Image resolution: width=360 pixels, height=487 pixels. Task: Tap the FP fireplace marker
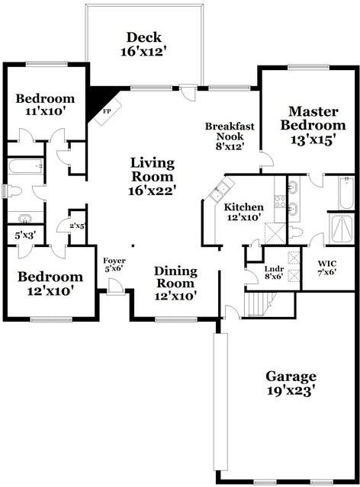[106, 111]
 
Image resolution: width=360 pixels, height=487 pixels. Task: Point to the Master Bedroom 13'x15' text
[313, 125]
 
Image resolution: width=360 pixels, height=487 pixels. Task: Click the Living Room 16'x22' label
[153, 176]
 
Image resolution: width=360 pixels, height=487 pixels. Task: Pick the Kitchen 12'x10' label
[244, 212]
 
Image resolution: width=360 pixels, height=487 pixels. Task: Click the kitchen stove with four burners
[280, 201]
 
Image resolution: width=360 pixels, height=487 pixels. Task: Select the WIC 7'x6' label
[327, 268]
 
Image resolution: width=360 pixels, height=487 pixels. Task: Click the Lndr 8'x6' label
[274, 272]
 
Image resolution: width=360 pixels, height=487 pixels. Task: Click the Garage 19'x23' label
[291, 383]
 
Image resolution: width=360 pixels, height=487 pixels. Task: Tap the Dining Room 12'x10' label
[175, 284]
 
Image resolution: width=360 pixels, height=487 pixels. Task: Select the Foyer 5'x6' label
[114, 264]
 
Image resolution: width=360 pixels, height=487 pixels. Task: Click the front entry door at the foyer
[116, 286]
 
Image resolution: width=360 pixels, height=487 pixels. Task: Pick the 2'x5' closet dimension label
[77, 226]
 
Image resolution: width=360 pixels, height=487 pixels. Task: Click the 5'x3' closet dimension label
[25, 235]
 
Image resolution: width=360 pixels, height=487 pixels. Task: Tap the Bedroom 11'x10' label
[46, 104]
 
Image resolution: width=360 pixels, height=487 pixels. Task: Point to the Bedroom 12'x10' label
[50, 284]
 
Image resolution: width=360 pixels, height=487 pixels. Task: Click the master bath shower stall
[342, 229]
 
